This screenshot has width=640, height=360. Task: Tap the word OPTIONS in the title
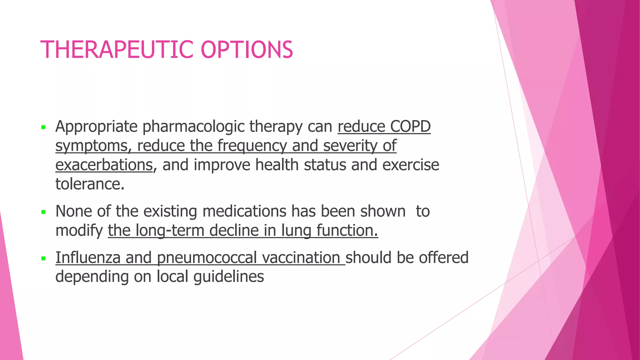point(247,50)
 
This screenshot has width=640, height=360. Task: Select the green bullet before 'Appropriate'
point(43,127)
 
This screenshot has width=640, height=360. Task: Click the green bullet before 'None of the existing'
point(43,212)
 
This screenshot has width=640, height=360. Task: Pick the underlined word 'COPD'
point(410,127)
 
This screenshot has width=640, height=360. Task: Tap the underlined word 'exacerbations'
point(104,165)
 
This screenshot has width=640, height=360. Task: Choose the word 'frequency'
point(252,146)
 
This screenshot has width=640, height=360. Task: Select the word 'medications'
point(244,211)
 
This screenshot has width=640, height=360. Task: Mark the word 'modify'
point(79,231)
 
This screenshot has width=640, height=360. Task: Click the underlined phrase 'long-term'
point(170,231)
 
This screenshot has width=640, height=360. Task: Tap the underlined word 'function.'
point(347,231)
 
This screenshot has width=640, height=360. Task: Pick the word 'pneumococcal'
point(207,258)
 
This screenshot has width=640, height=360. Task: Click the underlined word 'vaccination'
point(301,258)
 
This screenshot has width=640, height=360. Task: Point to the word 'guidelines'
point(229,277)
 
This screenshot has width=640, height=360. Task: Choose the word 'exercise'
point(411,165)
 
